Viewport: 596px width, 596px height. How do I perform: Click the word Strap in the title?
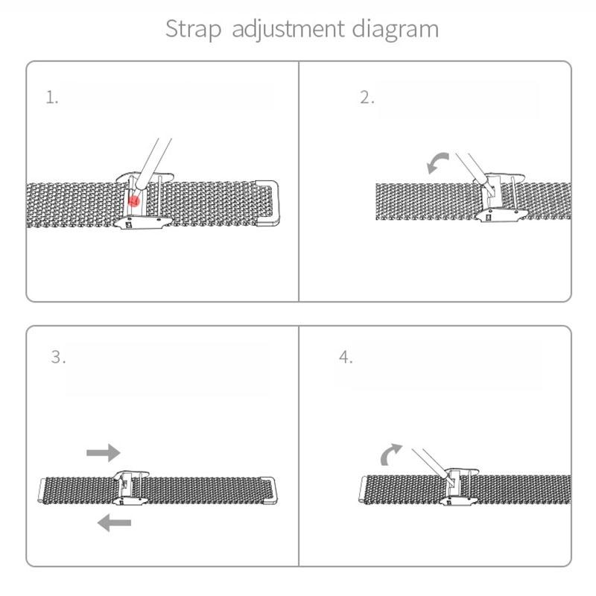pyautogui.click(x=194, y=30)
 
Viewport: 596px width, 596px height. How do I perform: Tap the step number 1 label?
pyautogui.click(x=51, y=98)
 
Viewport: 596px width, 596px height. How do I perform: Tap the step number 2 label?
pyautogui.click(x=367, y=98)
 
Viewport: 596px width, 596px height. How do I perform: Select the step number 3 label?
pyautogui.click(x=58, y=357)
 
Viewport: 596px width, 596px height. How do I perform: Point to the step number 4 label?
pyautogui.click(x=345, y=357)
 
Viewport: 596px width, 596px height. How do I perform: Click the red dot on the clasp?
pyautogui.click(x=134, y=200)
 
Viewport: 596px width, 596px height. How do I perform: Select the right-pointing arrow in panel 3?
pyautogui.click(x=103, y=451)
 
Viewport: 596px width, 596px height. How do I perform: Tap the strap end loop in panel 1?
pyautogui.click(x=267, y=201)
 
